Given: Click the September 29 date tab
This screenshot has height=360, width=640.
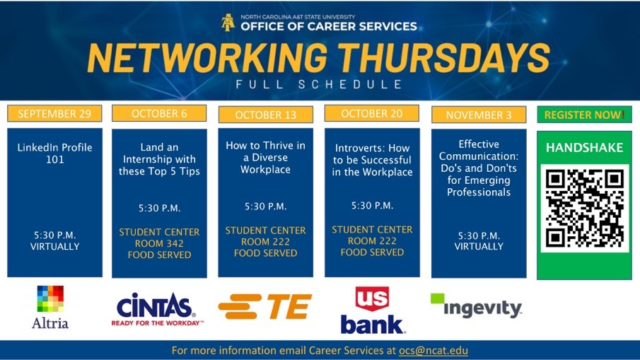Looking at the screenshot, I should [54, 114].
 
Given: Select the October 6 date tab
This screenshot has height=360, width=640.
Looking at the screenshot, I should [159, 113].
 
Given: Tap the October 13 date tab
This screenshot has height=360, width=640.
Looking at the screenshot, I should [265, 115].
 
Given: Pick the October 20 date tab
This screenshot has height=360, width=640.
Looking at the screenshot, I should [372, 113].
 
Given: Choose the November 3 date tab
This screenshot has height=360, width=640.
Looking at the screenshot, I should [479, 115].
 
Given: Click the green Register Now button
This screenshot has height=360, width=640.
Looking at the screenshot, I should [584, 115].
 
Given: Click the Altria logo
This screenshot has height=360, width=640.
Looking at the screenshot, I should [50, 307].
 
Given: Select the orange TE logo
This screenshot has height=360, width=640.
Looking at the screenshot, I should [264, 306].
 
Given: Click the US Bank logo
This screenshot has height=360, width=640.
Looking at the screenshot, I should [372, 310].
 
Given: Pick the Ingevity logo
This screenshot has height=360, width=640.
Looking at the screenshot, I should [476, 306].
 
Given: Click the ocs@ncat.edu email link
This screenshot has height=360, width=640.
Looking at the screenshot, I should [434, 351].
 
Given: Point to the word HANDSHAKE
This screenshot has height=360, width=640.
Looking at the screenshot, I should [584, 148].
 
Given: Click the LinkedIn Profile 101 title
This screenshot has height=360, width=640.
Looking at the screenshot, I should [54, 153].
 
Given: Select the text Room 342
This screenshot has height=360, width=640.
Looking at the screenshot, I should [159, 243].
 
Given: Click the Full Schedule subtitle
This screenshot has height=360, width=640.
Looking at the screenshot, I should [320, 85].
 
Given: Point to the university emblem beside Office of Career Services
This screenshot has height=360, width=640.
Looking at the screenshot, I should [228, 23].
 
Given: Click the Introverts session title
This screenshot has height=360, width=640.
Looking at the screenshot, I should [372, 161].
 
